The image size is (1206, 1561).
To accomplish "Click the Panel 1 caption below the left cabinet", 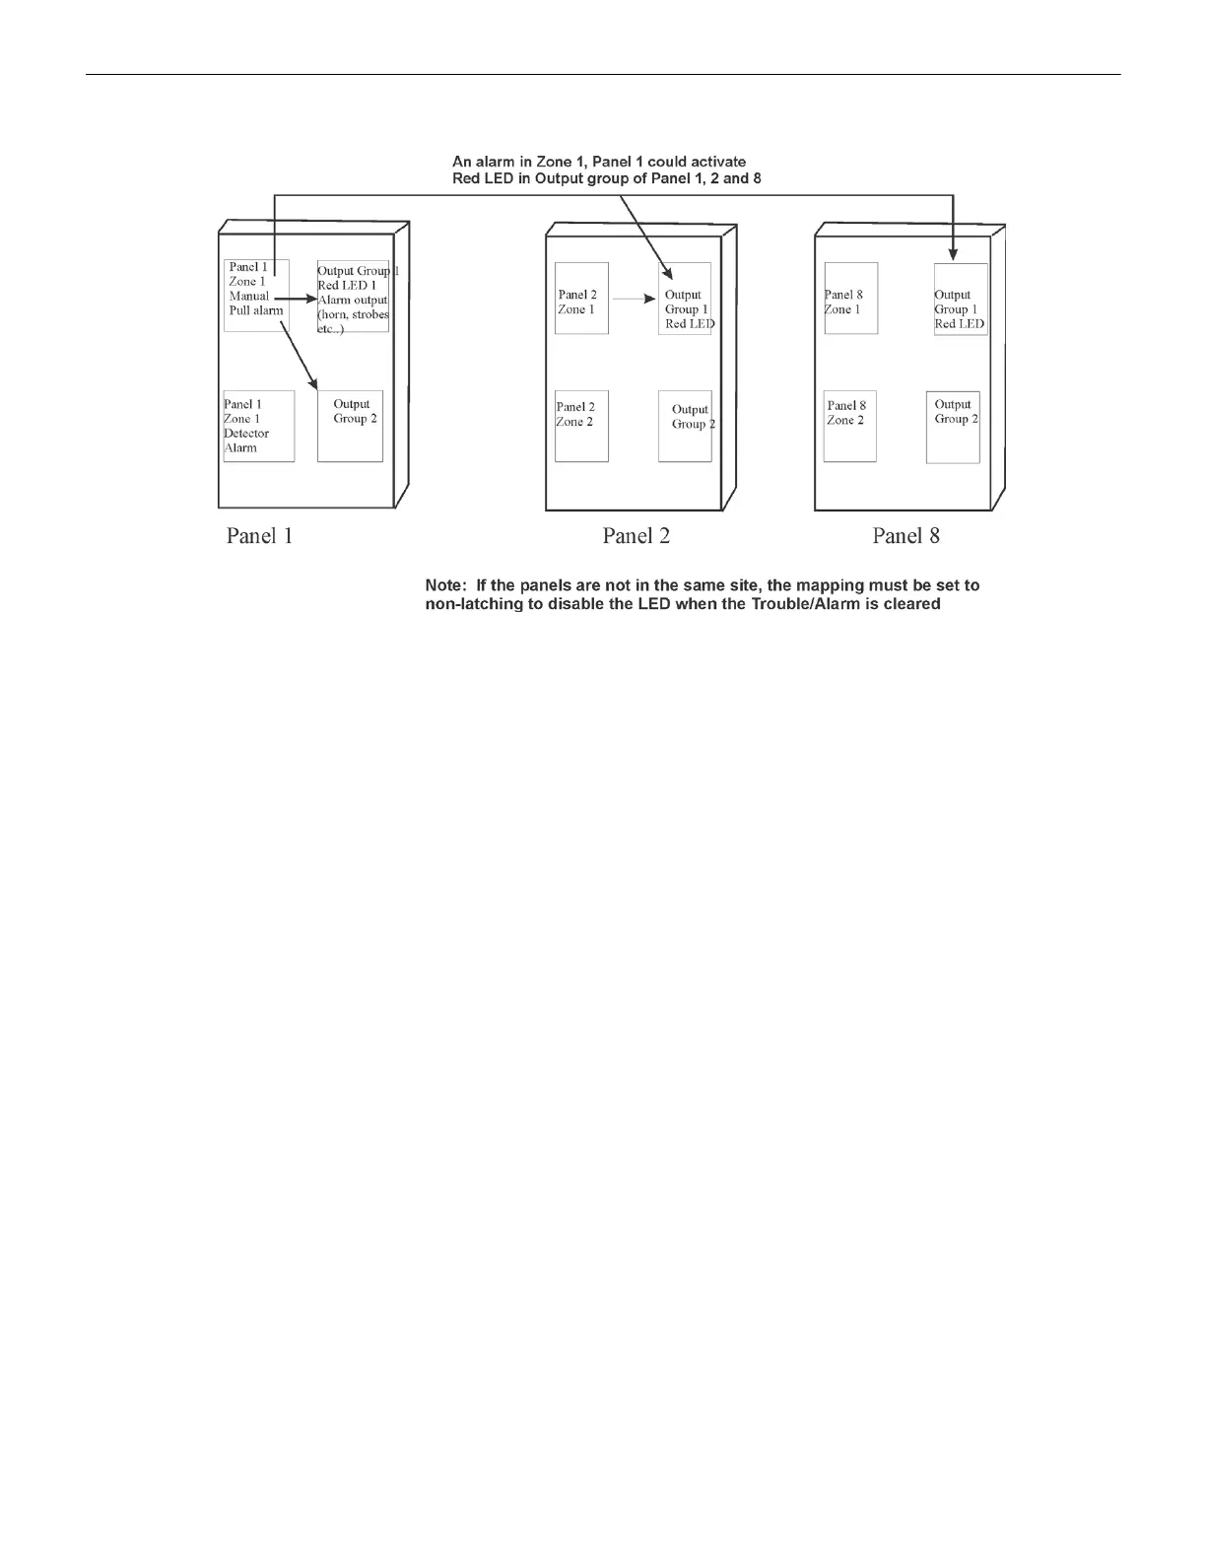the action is click(x=259, y=536).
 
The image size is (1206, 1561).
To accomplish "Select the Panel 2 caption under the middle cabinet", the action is click(x=636, y=536).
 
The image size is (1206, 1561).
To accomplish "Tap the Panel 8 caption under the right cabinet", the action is click(x=905, y=536).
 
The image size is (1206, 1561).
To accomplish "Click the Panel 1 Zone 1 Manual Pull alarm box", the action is click(x=256, y=295).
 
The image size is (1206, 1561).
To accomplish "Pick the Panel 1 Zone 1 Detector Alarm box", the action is click(x=258, y=426).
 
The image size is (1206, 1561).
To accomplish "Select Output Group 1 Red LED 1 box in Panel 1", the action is click(x=353, y=297).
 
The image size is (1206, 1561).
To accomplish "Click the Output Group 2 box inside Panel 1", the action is click(x=350, y=426).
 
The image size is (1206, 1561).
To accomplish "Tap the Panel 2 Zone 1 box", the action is click(x=581, y=298).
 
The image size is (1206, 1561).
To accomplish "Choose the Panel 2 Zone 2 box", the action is click(x=581, y=426).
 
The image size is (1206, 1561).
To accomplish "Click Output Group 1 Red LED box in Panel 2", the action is click(x=685, y=299).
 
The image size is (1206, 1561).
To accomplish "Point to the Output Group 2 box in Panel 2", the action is click(x=685, y=426).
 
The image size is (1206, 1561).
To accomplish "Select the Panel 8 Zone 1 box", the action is click(x=850, y=298).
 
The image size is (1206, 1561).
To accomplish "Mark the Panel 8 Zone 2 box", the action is click(x=849, y=426).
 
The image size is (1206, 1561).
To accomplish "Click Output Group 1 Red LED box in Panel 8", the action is click(x=961, y=299).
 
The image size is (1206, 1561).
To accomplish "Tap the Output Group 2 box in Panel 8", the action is click(x=953, y=426).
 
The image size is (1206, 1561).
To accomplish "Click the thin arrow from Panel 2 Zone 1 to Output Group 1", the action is click(x=635, y=298).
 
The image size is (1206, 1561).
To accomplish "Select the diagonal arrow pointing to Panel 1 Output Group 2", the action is click(x=299, y=352).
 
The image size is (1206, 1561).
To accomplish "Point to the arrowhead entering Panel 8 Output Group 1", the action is click(x=953, y=256).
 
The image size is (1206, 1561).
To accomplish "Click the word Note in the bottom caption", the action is click(x=445, y=585).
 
